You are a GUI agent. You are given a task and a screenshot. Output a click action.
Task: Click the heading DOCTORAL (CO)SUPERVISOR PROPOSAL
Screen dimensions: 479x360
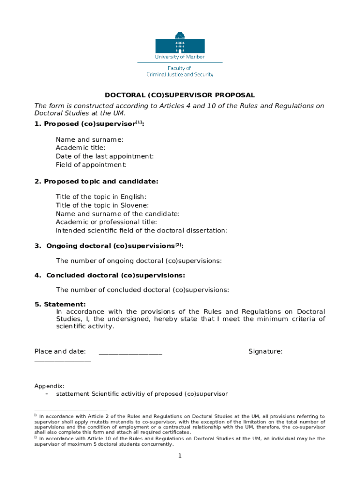(x=180, y=95)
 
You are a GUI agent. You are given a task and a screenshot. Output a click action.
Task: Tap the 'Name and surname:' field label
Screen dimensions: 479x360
(x=90, y=139)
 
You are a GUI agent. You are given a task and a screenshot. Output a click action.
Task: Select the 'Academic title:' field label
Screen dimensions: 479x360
(x=80, y=148)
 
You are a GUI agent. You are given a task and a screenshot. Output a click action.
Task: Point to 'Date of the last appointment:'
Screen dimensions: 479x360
(x=105, y=156)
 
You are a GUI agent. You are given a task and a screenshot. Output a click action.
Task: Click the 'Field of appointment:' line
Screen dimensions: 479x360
(x=91, y=165)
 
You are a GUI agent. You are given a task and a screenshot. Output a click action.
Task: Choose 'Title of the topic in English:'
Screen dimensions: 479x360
(x=101, y=197)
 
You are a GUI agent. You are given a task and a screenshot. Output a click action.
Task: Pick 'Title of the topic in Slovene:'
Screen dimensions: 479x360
(x=102, y=205)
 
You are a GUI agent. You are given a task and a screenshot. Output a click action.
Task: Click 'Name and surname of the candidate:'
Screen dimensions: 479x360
(x=117, y=214)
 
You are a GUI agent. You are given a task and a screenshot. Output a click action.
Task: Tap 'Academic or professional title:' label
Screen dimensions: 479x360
(x=106, y=222)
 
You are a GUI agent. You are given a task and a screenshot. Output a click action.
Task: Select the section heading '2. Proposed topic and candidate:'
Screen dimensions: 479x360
(x=96, y=181)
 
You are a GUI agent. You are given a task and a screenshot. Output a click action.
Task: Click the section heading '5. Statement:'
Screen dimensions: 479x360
(x=60, y=305)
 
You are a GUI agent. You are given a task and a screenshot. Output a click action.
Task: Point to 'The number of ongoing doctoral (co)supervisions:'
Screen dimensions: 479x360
(x=139, y=261)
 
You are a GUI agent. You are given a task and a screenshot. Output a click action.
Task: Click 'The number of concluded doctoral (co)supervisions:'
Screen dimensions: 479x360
(x=143, y=290)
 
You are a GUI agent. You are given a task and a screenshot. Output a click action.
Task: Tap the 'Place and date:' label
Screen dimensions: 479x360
(x=60, y=351)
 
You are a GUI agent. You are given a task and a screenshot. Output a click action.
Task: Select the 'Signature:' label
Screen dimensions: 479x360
(x=265, y=351)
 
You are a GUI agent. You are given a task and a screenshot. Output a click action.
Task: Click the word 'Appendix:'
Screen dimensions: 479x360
(x=50, y=386)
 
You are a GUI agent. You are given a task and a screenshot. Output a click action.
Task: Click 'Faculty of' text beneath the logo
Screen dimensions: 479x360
(x=180, y=68)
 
